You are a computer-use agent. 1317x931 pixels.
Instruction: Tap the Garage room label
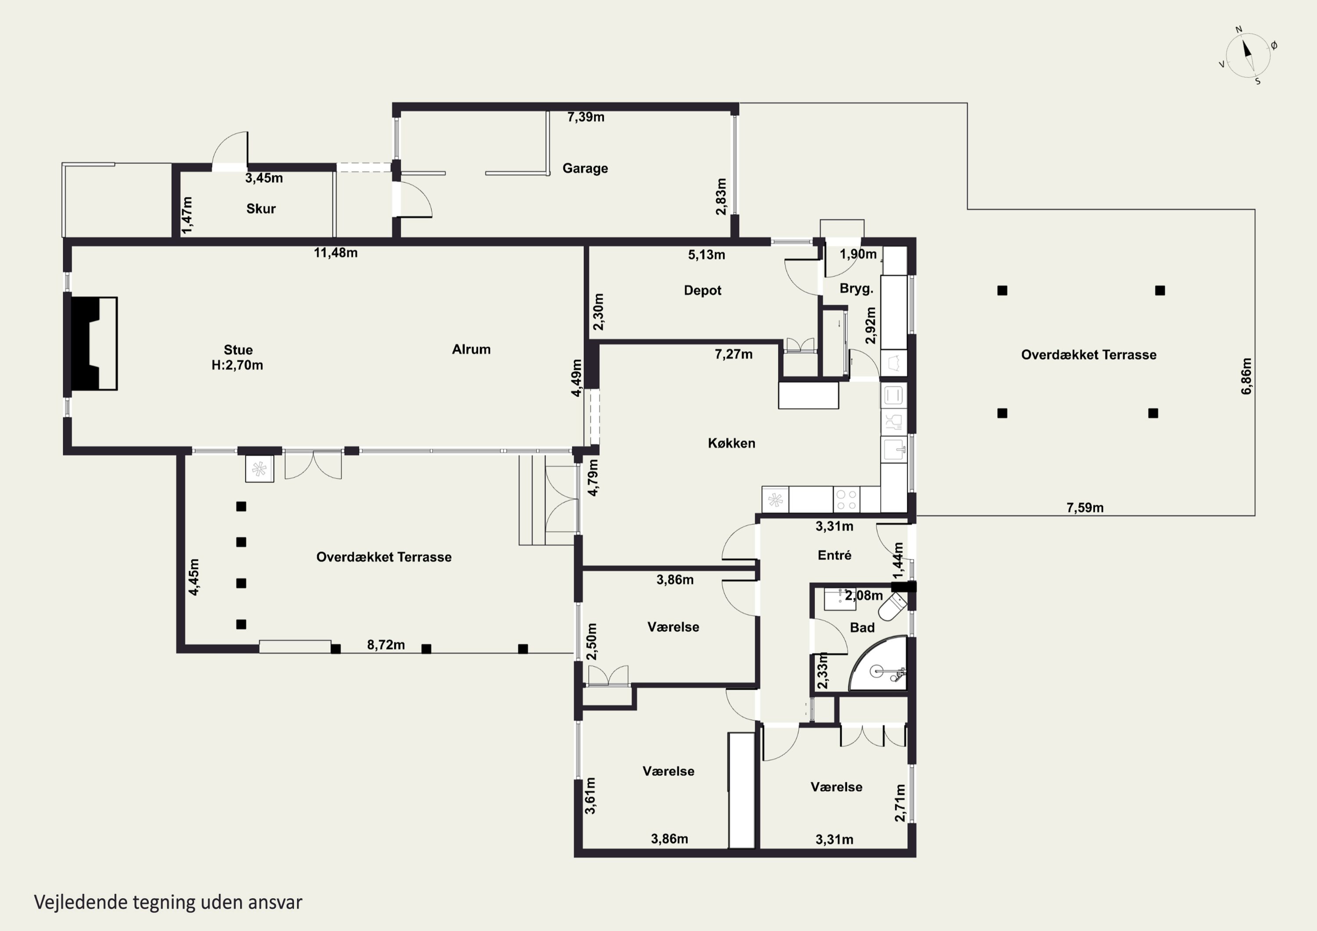(x=585, y=168)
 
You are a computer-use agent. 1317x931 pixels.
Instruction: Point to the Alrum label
(x=471, y=349)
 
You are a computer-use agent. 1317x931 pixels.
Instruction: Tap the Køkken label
(x=731, y=443)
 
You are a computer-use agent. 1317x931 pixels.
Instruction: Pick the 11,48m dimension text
(x=335, y=252)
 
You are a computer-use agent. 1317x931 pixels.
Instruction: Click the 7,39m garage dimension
(x=586, y=117)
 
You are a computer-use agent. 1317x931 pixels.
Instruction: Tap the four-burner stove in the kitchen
(x=846, y=499)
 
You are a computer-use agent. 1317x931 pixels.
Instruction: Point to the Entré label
(x=835, y=555)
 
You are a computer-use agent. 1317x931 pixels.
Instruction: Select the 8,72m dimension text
(x=386, y=645)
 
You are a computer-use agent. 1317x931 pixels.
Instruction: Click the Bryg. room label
(x=856, y=288)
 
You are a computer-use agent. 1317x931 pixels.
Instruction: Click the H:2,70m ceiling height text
(x=237, y=365)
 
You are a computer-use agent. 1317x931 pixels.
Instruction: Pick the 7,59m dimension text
(x=1085, y=508)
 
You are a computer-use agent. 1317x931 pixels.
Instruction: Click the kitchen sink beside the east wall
(x=894, y=449)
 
